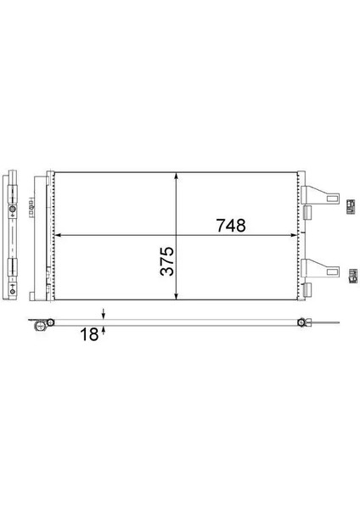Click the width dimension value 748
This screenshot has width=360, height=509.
231,226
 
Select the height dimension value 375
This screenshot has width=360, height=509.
167,261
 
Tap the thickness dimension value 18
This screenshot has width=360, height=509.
89,334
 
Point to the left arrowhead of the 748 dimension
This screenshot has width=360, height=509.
59,235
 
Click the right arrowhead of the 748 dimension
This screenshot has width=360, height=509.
294,235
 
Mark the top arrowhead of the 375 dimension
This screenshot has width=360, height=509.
176,176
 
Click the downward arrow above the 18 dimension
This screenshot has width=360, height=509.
104,314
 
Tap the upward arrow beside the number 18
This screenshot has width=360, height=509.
104,331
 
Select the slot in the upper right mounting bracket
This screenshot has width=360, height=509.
332,199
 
